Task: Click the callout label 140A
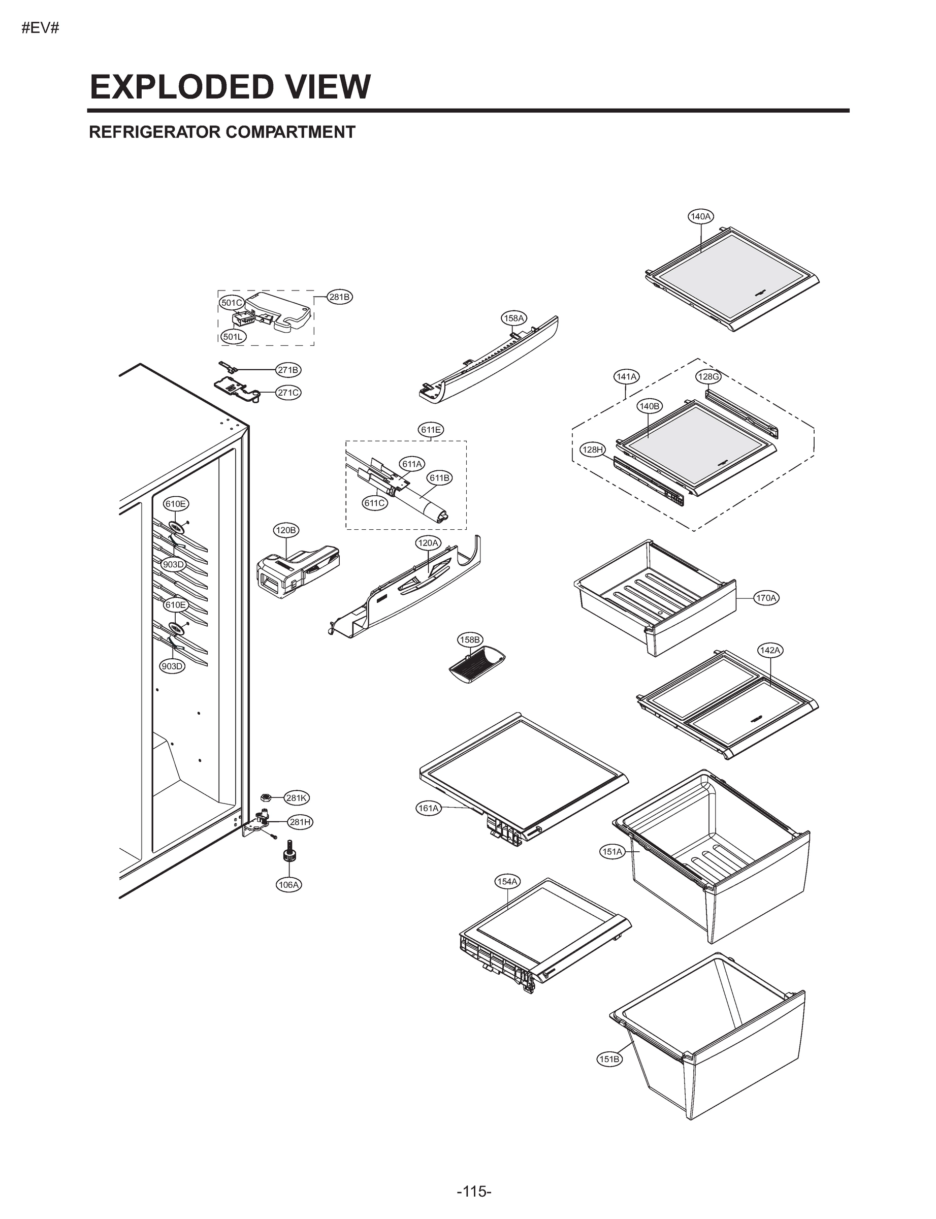pos(700,217)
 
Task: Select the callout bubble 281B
pos(339,297)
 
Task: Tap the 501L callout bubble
pos(232,337)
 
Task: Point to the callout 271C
pos(288,393)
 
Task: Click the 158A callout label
pos(513,318)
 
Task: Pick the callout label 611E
pos(431,430)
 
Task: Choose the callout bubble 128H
pos(592,450)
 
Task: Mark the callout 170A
pos(766,598)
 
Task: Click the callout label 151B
pos(609,1059)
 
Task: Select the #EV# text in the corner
pos(40,28)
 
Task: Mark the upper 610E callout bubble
pos(176,504)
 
